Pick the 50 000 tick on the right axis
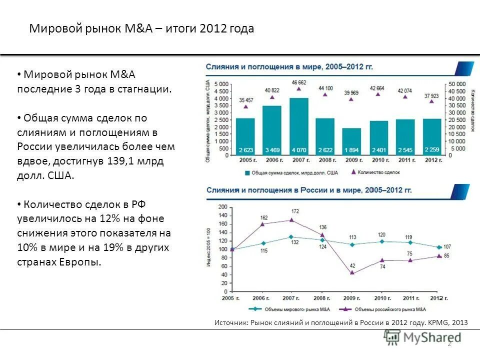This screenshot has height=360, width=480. coord(457,83)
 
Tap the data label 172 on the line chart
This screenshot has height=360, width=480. coord(295,211)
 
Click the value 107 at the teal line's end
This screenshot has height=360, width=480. coord(447,246)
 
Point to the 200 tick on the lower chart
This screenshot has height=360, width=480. coord(222,206)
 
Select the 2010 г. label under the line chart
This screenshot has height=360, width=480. coord(382,298)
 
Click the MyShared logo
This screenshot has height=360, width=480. coord(422,337)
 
